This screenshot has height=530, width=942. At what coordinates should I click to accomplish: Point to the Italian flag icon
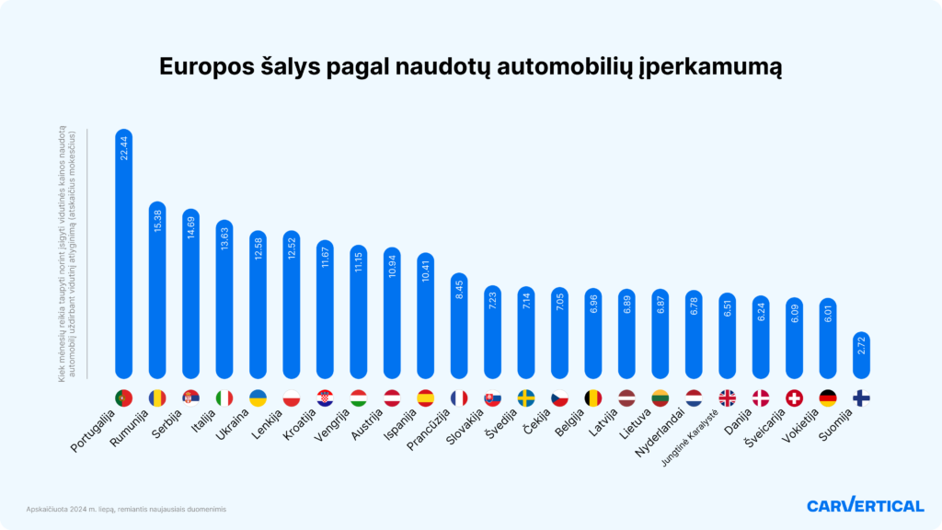(x=224, y=397)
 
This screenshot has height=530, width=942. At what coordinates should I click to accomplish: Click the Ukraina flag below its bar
(x=258, y=397)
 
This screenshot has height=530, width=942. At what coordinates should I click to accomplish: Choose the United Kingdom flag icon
(x=727, y=397)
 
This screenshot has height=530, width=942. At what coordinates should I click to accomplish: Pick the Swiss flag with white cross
(x=794, y=397)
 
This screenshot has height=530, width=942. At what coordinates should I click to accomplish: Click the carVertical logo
(x=865, y=505)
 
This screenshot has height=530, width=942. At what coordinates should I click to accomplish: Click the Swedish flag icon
(x=526, y=397)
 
